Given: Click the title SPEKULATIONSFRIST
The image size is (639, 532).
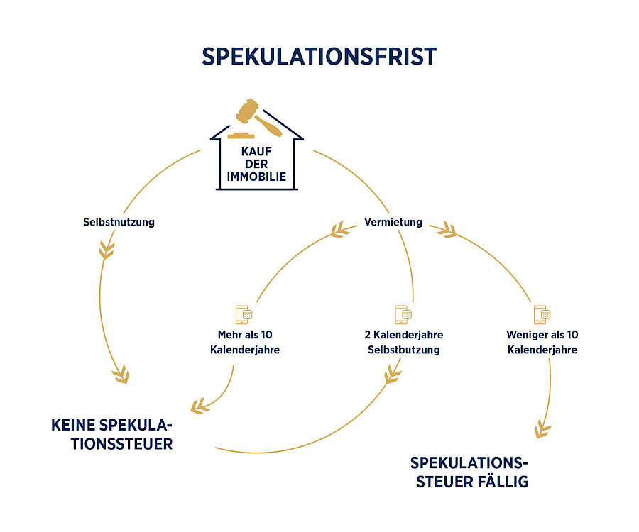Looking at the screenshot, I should tap(319, 57).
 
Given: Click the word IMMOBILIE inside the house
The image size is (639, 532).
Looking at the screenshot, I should tap(258, 177).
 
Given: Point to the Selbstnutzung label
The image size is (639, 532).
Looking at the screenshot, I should tap(119, 222).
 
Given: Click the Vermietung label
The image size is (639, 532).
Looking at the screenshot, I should tap(393, 222).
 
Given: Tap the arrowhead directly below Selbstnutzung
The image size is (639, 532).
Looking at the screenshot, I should tap(106, 250).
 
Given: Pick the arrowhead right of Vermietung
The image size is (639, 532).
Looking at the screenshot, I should tap(447, 229).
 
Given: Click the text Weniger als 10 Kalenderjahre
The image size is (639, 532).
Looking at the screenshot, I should tap(542, 342).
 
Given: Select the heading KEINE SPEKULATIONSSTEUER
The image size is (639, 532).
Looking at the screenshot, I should tap(112, 434).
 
